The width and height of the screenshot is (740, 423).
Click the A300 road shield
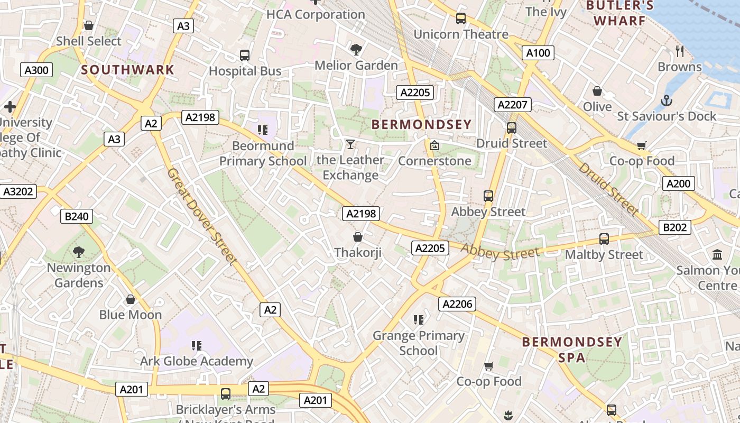coord(36,70)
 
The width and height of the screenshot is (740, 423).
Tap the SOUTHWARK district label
coord(127,70)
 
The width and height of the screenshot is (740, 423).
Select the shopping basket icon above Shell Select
coord(89,25)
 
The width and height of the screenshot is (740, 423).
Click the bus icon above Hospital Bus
coord(245,55)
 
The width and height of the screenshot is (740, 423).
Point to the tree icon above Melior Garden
coord(356,50)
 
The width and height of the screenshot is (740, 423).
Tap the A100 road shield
coord(538,52)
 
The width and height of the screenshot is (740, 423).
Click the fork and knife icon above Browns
coord(680,51)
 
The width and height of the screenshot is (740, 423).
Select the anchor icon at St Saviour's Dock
coord(667,100)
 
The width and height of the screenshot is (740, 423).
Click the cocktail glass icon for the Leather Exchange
coord(350,144)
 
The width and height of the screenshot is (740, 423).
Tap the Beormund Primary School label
coord(263,153)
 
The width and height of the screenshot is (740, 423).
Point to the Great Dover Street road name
coord(201,216)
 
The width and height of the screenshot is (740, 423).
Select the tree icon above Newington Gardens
coord(79,252)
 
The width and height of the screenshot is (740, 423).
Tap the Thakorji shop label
coord(358,253)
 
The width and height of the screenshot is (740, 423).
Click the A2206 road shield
coord(457,304)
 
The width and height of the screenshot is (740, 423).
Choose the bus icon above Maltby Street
coord(604,239)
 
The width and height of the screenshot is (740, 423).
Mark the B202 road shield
coord(675,227)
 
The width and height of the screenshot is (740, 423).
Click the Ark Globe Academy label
coord(196,361)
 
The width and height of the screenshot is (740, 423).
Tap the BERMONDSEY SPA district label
coord(572,350)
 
